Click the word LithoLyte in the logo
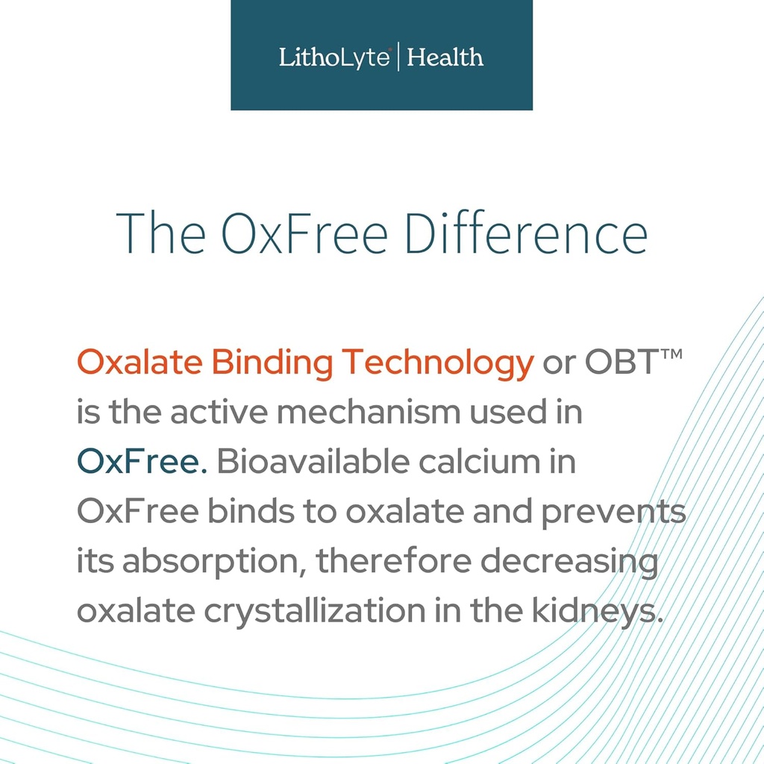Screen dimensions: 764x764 tap(334, 57)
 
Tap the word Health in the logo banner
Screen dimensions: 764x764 tap(445, 57)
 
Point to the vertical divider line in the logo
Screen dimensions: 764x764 tap(398, 57)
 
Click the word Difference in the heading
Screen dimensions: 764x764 tap(526, 233)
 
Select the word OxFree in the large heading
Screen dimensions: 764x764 tap(304, 234)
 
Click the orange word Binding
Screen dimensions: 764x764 tap(272, 363)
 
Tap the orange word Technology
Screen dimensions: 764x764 tap(437, 363)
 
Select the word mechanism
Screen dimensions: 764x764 tap(369, 412)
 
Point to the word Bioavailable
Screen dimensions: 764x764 tap(313, 460)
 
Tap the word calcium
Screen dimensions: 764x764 tap(480, 461)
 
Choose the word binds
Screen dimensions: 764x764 tap(251, 511)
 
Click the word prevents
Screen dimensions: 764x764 tap(613, 513)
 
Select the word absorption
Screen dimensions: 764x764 tap(210, 562)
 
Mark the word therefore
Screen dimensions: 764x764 tap(394, 560)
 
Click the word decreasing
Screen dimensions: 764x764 tap(569, 562)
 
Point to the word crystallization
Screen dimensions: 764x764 tap(315, 612)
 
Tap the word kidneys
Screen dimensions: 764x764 tap(598, 612)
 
